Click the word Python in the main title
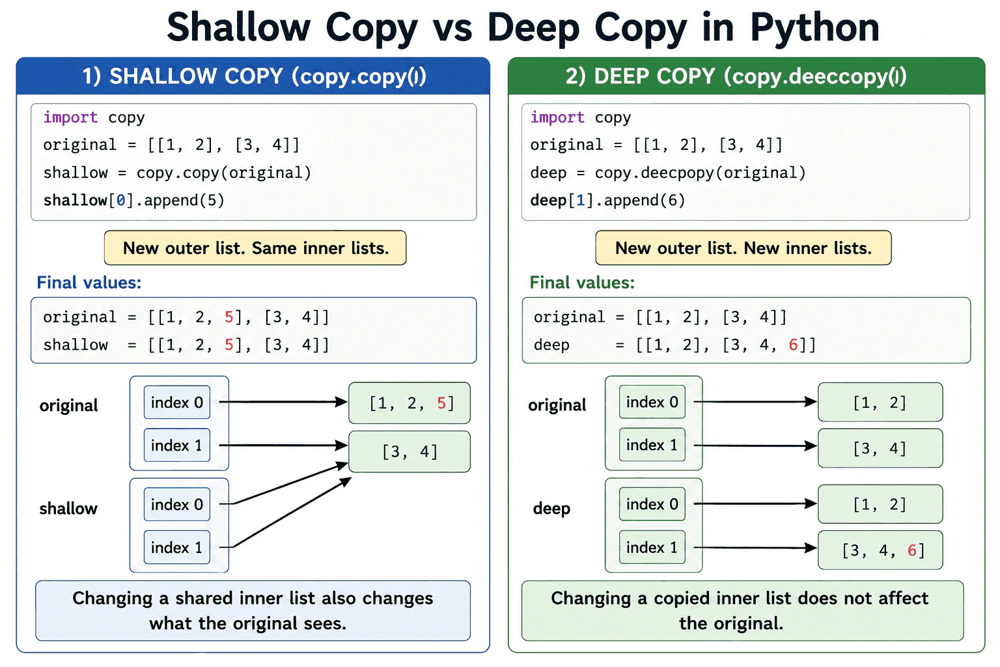point(814,28)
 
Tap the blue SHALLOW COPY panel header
point(253,76)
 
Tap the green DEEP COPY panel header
point(747,76)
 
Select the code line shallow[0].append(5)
point(133,200)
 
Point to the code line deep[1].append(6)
point(607,200)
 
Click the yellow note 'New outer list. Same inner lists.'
point(255,248)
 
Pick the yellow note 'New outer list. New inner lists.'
point(743,248)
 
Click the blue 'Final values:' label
point(89,282)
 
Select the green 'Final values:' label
point(582,282)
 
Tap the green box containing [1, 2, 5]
point(410,403)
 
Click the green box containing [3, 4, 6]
point(880,550)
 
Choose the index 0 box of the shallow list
point(177,504)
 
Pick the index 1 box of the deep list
point(652,547)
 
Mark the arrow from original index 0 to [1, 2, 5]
point(283,402)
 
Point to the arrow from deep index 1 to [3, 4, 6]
point(755,548)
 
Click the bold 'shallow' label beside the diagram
point(68,509)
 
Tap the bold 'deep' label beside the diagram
point(552,509)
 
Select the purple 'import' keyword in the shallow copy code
point(70,117)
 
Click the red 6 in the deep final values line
point(794,345)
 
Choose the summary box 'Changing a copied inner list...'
point(742,611)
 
